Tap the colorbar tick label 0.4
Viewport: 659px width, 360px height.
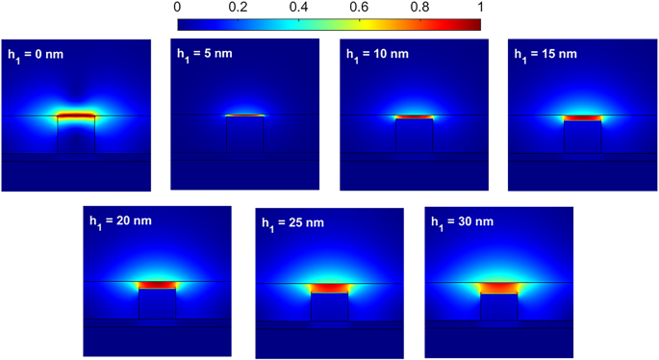(x=298, y=7)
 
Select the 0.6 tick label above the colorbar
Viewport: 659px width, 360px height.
(x=359, y=7)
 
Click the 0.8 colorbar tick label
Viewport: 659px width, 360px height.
(x=419, y=7)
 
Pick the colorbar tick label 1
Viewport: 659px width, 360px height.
(x=479, y=7)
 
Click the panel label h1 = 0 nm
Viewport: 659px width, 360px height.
(x=38, y=53)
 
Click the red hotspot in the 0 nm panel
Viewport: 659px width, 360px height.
(x=76, y=116)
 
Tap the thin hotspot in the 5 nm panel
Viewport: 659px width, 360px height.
(x=245, y=116)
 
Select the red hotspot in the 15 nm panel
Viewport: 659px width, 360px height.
(x=582, y=117)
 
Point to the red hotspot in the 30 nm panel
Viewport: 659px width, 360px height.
(x=498, y=287)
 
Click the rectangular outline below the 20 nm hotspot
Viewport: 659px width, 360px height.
(x=158, y=305)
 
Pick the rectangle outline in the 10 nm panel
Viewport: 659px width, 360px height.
(x=414, y=136)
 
